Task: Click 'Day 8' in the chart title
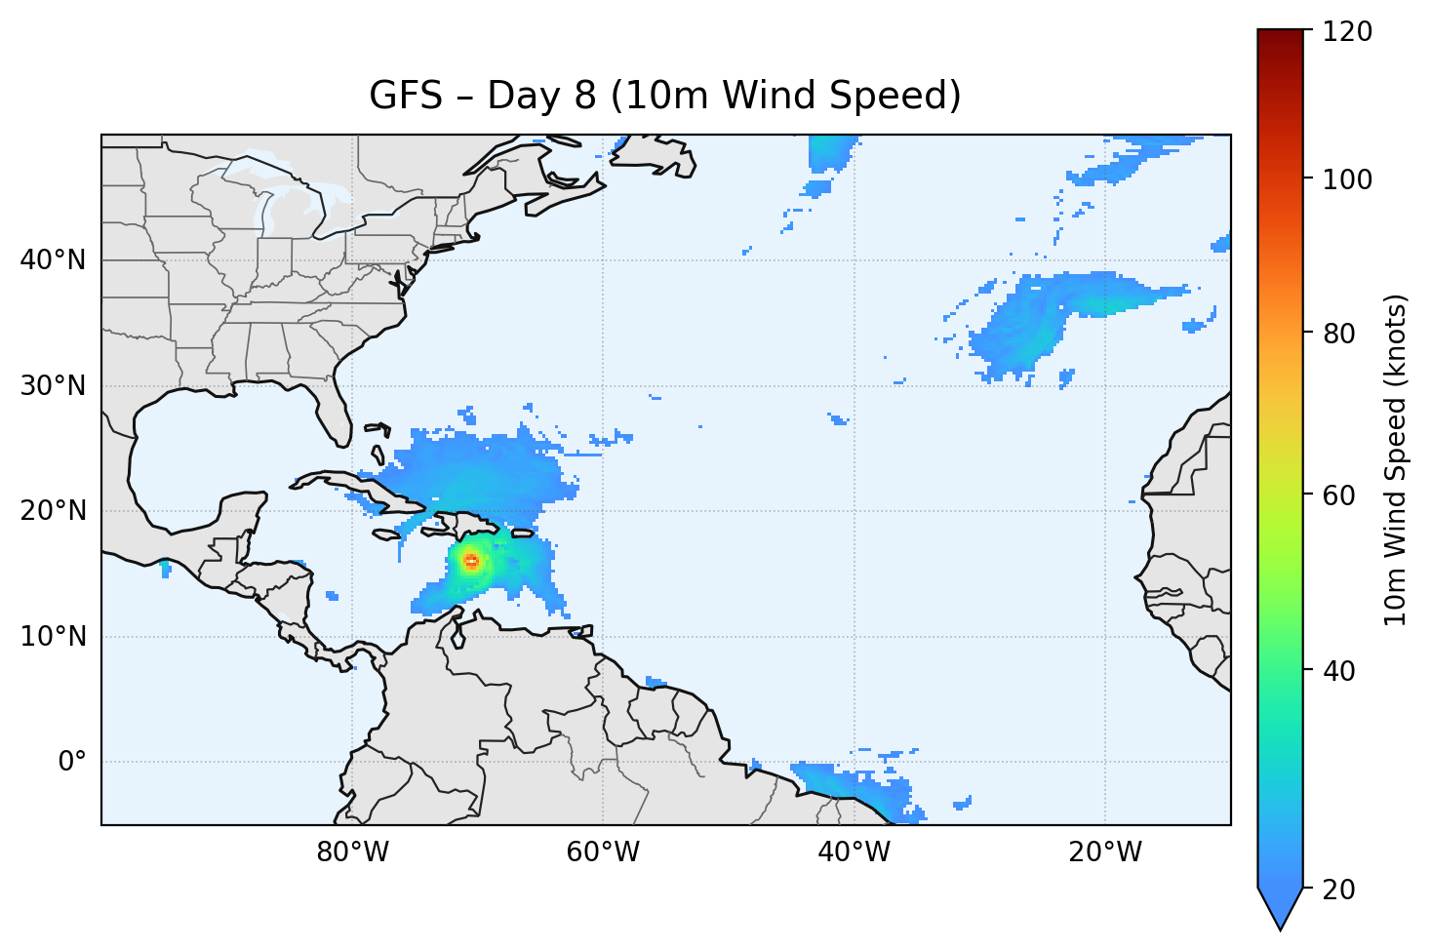pyautogui.click(x=541, y=96)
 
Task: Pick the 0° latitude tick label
pyautogui.click(x=72, y=762)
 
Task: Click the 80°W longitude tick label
pyautogui.click(x=352, y=852)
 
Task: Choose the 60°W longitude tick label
pyautogui.click(x=603, y=852)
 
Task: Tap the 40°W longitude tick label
pyautogui.click(x=854, y=852)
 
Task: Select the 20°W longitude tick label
pyautogui.click(x=1105, y=852)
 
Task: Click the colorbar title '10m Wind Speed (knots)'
pyautogui.click(x=1396, y=459)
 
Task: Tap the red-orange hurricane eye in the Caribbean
pyautogui.click(x=471, y=561)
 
